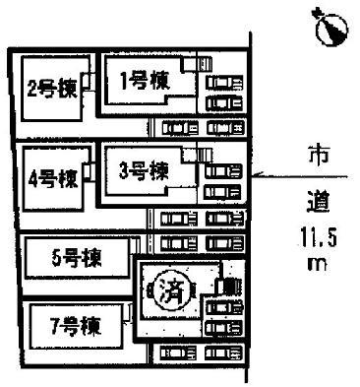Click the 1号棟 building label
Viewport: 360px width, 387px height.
tap(143, 83)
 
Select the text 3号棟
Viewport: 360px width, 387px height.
tap(142, 169)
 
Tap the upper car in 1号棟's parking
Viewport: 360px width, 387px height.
tap(221, 82)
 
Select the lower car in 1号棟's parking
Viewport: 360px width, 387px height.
tap(221, 103)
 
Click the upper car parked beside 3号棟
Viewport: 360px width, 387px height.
tap(221, 167)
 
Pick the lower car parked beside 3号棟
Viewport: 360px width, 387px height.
tap(221, 189)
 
